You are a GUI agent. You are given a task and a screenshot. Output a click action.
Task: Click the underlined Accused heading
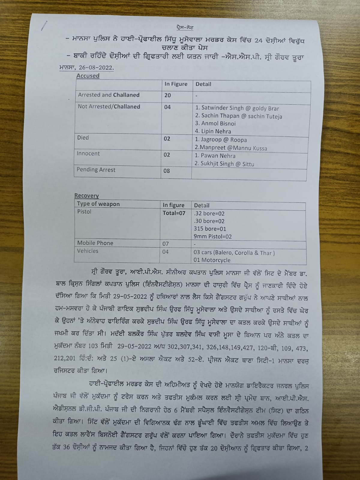pyautogui.click(x=88, y=76)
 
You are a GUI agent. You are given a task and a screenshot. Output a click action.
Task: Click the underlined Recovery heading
pyautogui.click(x=86, y=196)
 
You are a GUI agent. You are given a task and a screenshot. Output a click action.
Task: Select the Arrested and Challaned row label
pyautogui.click(x=109, y=95)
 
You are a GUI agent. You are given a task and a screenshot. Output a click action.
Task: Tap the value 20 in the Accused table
pyautogui.click(x=167, y=95)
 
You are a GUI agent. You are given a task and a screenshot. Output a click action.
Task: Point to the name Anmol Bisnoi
pyautogui.click(x=215, y=124)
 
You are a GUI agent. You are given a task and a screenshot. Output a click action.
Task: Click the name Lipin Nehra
pyautogui.click(x=213, y=131)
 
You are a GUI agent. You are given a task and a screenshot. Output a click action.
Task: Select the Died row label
pyautogui.click(x=83, y=138)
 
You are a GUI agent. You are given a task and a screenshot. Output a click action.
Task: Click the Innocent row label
pyautogui.click(x=88, y=154)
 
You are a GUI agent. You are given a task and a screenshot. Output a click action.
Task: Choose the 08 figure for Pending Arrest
pyautogui.click(x=167, y=171)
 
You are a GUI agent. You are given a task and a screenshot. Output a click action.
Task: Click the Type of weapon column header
pyautogui.click(x=98, y=204)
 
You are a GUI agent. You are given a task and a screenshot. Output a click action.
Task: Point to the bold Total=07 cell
pyautogui.click(x=174, y=213)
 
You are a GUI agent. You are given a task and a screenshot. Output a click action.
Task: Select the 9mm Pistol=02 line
pyautogui.click(x=213, y=236)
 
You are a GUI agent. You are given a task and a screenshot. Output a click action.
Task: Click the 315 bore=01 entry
pyautogui.click(x=210, y=229)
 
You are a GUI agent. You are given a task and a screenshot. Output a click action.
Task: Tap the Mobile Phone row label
pyautogui.click(x=95, y=243)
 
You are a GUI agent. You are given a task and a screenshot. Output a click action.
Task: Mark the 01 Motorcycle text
pyautogui.click(x=212, y=260)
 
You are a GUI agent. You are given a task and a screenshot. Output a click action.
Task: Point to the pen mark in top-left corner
pyautogui.click(x=44, y=26)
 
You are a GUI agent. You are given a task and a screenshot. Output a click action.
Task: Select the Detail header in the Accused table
pyautogui.click(x=203, y=84)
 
